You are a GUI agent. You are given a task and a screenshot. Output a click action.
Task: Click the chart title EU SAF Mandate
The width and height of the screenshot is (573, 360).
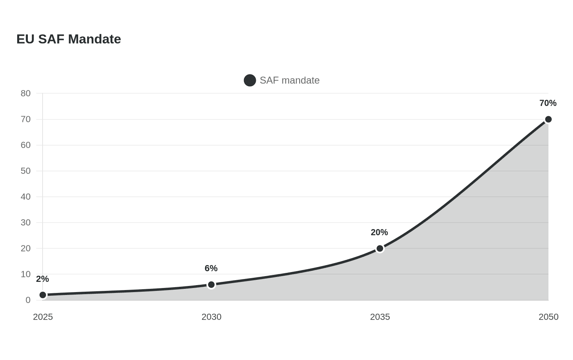[69, 39]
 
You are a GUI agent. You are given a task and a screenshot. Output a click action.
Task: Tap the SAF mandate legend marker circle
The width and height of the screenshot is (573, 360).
[250, 81]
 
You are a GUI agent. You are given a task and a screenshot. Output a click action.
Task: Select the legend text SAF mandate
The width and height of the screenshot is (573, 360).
[290, 81]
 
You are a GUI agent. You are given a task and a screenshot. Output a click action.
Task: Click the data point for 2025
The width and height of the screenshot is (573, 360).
[43, 295]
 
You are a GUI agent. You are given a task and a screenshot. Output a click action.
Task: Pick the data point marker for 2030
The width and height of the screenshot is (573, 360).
[211, 285]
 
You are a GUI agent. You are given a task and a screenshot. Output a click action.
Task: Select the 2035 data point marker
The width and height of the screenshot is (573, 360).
[380, 249]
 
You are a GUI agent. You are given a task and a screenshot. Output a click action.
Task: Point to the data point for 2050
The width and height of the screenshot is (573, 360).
[548, 119]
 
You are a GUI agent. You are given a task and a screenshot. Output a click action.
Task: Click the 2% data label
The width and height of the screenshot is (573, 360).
[43, 279]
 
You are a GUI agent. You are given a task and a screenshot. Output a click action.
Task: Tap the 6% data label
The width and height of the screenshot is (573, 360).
[211, 268]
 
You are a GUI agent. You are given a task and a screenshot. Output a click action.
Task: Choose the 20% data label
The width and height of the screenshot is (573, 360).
[379, 232]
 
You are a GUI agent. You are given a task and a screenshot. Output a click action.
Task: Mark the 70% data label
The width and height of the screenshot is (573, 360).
[548, 103]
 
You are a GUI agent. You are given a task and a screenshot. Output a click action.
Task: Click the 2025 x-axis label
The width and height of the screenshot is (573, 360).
[43, 317]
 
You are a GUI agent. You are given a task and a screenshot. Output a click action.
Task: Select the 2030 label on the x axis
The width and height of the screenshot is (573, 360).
[211, 317]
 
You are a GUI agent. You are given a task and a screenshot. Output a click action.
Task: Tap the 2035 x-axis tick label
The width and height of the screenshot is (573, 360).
[380, 317]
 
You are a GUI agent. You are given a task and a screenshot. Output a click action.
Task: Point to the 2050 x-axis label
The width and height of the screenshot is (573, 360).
[548, 317]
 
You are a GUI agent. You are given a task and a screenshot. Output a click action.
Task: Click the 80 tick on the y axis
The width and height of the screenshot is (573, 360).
[25, 93]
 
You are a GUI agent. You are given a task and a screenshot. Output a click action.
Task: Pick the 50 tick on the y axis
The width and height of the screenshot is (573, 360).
[25, 171]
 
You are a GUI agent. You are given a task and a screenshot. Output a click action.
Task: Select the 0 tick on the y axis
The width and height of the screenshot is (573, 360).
[28, 300]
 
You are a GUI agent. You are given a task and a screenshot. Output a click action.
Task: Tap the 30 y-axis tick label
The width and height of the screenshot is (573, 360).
[25, 223]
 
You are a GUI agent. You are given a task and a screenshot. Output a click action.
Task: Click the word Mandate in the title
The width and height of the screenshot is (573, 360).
[95, 39]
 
